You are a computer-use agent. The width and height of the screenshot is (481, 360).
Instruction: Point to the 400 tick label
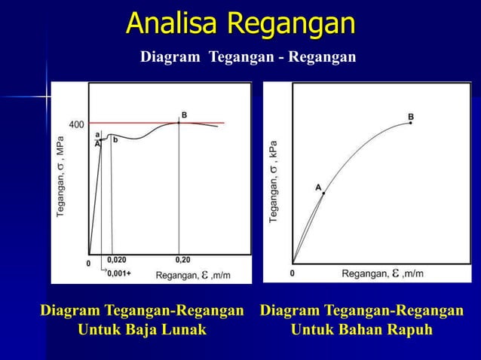coord(76,124)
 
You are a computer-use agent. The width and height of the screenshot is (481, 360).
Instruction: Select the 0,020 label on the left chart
coord(117,259)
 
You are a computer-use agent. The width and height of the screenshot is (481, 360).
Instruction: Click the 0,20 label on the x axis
coord(182,259)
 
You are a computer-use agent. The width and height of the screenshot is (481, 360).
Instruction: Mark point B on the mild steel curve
coord(179,122)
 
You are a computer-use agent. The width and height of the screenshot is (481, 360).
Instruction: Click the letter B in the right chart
coord(411,116)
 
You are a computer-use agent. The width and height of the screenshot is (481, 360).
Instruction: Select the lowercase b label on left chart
coord(115,139)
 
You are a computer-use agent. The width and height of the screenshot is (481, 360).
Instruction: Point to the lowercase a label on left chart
coord(97,134)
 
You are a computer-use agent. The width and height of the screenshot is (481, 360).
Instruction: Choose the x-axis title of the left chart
coord(193,276)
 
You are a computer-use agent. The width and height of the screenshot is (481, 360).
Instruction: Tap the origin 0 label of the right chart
coord(293,273)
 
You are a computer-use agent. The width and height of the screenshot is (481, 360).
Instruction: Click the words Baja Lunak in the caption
coord(171,330)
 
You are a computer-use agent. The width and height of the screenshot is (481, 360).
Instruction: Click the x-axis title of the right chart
coord(382,273)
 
